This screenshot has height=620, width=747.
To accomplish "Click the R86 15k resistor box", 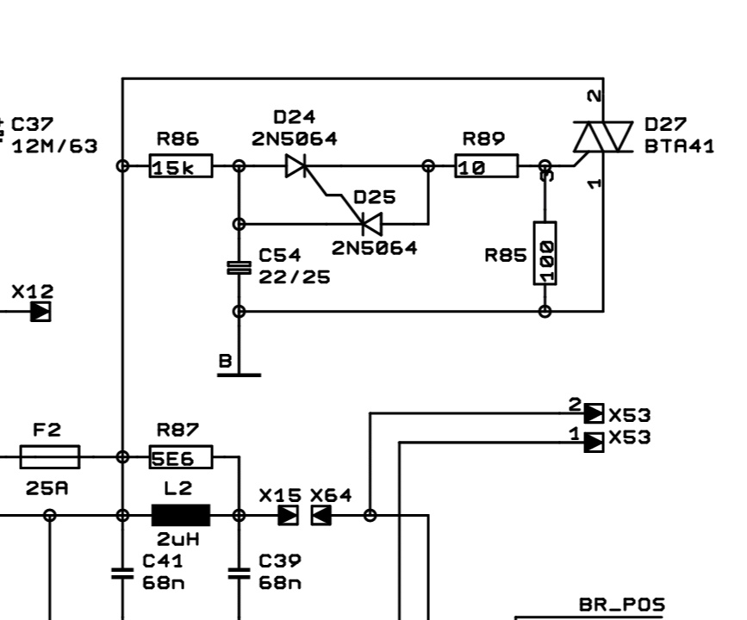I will click(x=182, y=166).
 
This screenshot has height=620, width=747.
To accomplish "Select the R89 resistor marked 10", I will click(x=487, y=166).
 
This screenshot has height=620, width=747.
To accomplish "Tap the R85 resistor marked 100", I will click(x=545, y=253).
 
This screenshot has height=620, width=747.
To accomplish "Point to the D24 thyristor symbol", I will click(x=297, y=166).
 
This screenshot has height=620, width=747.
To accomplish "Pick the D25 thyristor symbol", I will click(x=371, y=224).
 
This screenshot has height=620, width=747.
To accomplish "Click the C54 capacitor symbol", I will click(x=239, y=268).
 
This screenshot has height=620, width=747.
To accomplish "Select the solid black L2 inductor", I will click(x=181, y=515).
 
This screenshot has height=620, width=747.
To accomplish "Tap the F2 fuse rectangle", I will click(x=50, y=457).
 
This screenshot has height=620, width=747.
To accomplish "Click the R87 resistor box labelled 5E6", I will click(x=182, y=457).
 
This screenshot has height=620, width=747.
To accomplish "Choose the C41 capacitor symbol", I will click(x=123, y=573).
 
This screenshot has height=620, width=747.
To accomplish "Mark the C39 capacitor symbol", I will click(x=239, y=573).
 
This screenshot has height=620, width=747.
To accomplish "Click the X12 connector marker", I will click(x=40, y=311).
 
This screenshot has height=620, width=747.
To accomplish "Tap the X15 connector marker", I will click(x=289, y=515).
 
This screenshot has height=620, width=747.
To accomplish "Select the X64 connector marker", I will click(x=321, y=515).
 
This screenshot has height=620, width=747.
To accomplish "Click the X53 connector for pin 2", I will click(x=594, y=413).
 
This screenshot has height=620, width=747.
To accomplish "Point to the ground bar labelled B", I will click(x=239, y=375).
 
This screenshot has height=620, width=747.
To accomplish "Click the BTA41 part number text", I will click(x=680, y=146).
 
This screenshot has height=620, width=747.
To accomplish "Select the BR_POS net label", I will click(x=621, y=605).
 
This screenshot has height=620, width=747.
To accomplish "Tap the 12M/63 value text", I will click(x=54, y=146).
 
